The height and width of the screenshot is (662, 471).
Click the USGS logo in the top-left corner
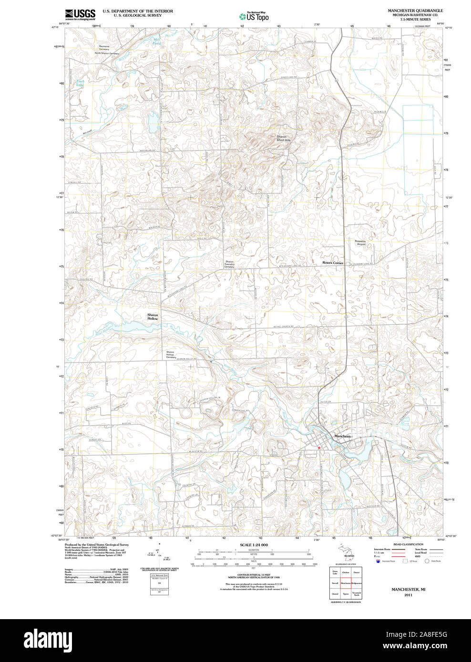pos(80,14)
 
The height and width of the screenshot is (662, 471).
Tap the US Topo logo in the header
pos(254,17)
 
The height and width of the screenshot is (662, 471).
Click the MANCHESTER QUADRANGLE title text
pos(415,10)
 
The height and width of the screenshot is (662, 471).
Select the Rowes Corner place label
pos(332,263)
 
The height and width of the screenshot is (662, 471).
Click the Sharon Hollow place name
pos(153,317)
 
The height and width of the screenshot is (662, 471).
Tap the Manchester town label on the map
pos(343,436)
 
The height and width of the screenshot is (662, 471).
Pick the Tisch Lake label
pos(81,83)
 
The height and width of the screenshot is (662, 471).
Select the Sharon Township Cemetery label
pos(230,264)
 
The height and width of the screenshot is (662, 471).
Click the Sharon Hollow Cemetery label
pos(170,354)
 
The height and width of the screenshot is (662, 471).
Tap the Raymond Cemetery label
pos(104,48)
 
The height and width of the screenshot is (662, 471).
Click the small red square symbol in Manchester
pos(319,448)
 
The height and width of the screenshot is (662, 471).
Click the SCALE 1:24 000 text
pos(254,545)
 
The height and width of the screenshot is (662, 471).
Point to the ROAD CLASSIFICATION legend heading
pos(408,544)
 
